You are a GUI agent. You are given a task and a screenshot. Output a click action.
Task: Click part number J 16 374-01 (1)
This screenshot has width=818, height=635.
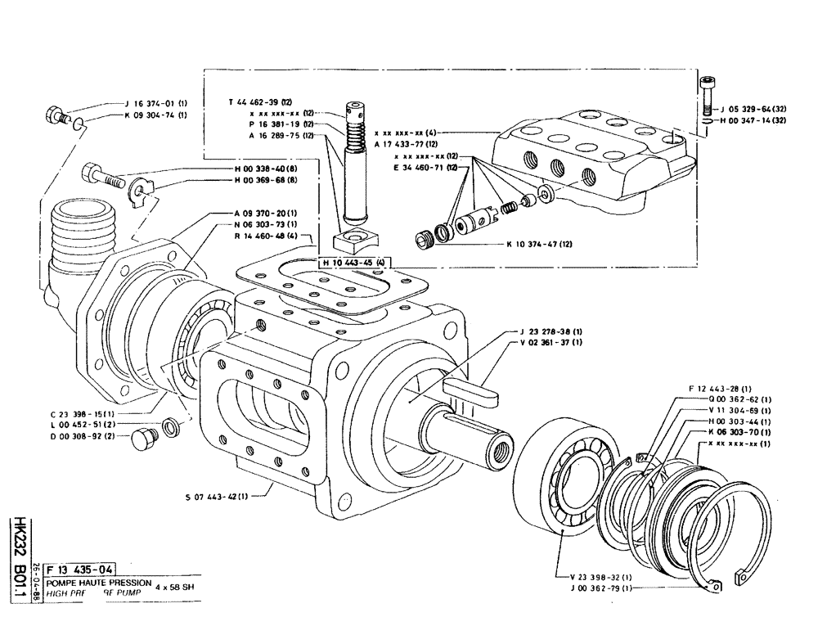tap(156, 104)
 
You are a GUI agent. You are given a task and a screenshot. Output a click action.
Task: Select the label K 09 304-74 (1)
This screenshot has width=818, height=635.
tap(156, 115)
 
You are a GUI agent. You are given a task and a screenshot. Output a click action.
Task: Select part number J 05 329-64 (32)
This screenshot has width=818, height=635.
tap(752, 107)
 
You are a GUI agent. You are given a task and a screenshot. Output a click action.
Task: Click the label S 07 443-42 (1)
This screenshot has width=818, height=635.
tap(218, 495)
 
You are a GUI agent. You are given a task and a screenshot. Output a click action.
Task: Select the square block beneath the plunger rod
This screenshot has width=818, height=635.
tap(355, 241)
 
